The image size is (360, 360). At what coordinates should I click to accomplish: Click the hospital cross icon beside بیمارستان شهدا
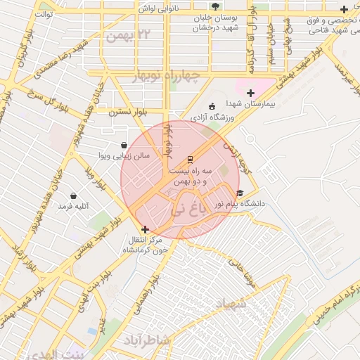[x=250, y=93]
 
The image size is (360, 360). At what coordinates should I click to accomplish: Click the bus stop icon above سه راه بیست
[x=189, y=159]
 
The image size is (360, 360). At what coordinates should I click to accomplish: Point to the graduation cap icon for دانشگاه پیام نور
[x=240, y=193]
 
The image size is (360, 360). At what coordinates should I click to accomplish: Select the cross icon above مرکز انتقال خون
[x=145, y=229]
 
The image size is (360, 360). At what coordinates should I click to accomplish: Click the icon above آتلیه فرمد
[x=73, y=195]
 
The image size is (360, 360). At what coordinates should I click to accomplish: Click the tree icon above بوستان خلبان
[x=215, y=6]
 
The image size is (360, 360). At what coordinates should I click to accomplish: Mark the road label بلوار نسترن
[x=127, y=112]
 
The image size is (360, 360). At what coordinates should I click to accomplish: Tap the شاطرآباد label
[x=147, y=340]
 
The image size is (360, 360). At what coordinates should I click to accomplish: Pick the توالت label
[x=44, y=13]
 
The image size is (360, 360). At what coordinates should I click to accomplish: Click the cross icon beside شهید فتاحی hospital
[x=343, y=10]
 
